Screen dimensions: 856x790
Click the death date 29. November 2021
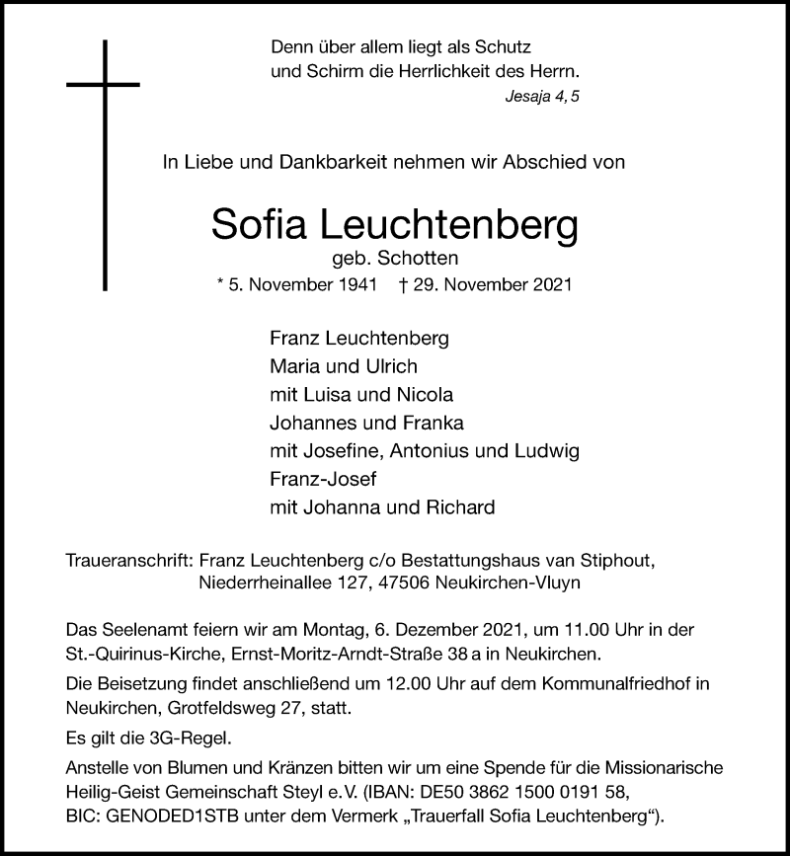(497, 284)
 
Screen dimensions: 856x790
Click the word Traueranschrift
(126, 559)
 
